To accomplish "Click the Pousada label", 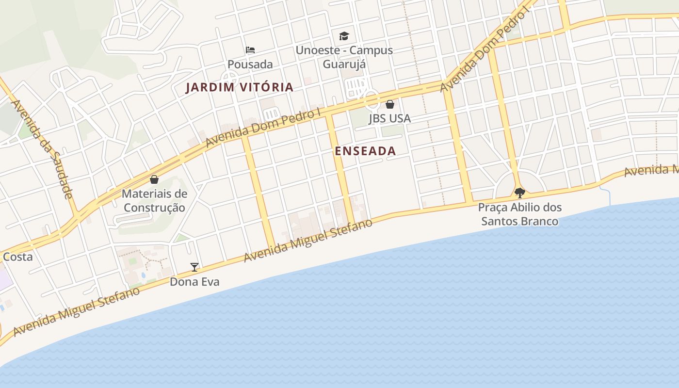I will pos(250,64).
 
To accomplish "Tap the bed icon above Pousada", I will pos(250,50).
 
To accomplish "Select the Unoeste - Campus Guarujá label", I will pos(344,57).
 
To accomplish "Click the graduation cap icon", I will pos(344,36).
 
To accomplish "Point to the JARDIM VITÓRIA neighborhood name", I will pos(240,87).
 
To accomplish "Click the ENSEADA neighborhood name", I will pos(365,151).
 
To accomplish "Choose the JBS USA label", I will pos(389,118).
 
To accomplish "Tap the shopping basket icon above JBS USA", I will pos(390,104).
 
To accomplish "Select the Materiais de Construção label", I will pos(154,200).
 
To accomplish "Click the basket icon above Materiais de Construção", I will pos(154,179).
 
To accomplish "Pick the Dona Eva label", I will pos(194,282).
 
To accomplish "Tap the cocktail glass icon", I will pos(194,267).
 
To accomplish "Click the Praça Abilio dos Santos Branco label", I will pos(519,214).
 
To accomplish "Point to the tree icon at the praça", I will pos(519,193).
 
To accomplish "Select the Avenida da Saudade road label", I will pos(42,149).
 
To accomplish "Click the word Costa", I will pos(17,257).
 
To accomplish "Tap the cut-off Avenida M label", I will pos(651,170).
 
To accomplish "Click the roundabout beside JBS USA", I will pos(372,100).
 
